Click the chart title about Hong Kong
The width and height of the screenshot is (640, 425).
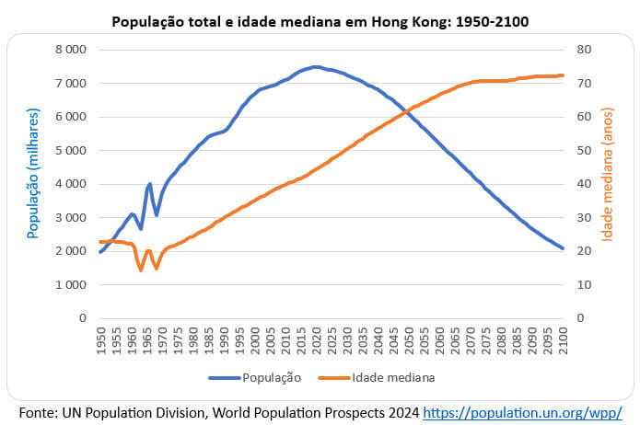tap(320, 19)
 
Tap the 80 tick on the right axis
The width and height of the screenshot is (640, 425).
tap(583, 50)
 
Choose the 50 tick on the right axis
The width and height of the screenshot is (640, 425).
tap(583, 150)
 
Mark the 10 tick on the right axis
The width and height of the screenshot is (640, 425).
tap(583, 284)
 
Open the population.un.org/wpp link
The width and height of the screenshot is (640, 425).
tap(529, 411)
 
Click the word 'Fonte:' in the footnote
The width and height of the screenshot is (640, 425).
tap(38, 411)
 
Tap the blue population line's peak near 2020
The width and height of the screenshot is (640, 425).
tap(315, 66)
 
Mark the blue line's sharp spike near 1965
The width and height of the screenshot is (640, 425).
tap(149, 184)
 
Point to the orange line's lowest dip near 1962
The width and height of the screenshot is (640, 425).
tap(140, 270)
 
